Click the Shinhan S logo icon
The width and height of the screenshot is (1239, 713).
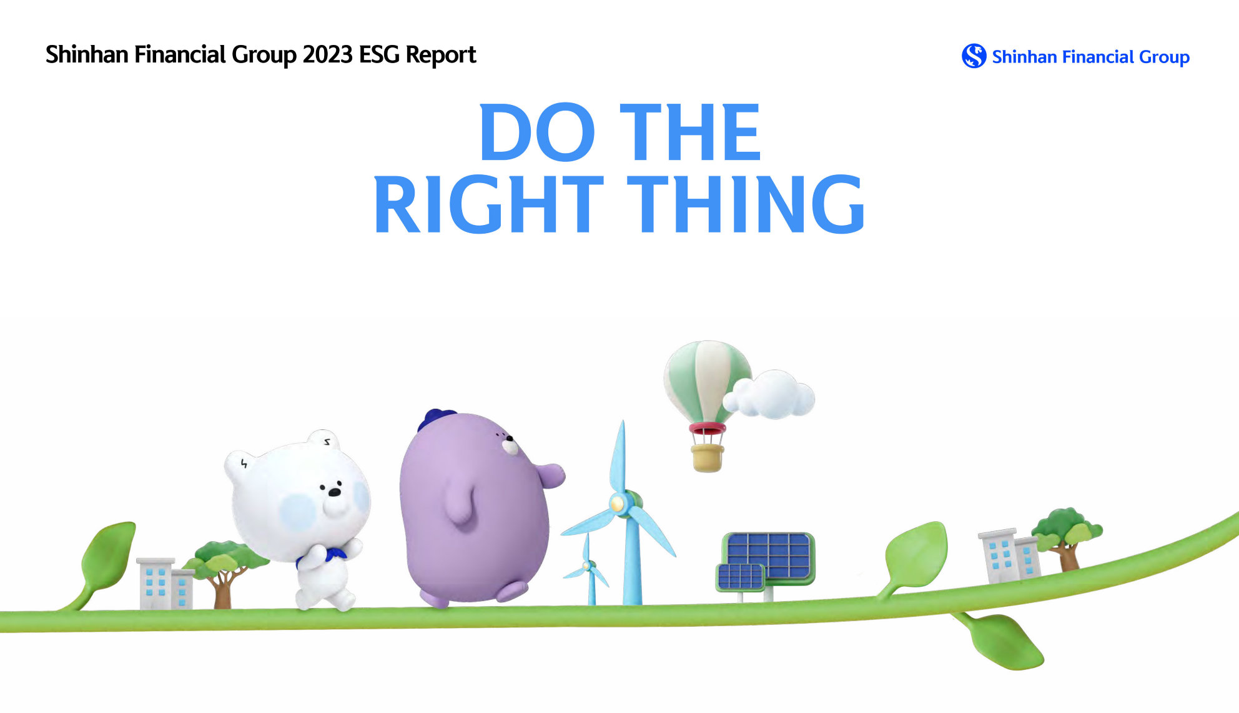click(x=974, y=56)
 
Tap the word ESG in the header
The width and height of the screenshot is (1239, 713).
click(x=379, y=55)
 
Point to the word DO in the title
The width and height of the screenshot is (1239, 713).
click(x=537, y=132)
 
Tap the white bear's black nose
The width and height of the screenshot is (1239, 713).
click(x=335, y=492)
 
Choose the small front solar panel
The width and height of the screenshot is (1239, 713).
click(x=741, y=577)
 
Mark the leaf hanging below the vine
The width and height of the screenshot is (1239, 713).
click(x=1002, y=640)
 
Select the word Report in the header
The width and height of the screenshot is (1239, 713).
click(x=441, y=55)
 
